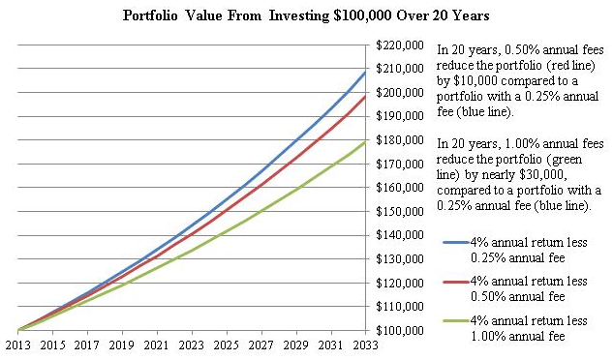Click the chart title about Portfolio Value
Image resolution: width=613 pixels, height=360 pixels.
[x=306, y=15]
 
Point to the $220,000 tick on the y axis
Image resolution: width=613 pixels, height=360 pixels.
[x=399, y=45]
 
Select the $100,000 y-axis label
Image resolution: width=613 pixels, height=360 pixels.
[x=399, y=330]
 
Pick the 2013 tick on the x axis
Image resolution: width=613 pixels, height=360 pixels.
[x=17, y=345]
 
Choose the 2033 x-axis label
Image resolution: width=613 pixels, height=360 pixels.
[x=365, y=345]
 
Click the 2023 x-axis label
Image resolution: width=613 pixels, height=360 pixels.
[x=192, y=345]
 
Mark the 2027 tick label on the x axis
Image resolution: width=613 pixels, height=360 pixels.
[x=261, y=345]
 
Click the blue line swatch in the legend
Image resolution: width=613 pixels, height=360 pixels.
[x=453, y=242]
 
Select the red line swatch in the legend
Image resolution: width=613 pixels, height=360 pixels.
[x=453, y=287]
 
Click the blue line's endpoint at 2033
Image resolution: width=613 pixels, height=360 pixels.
[x=365, y=72]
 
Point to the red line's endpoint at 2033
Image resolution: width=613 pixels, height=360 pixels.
[x=365, y=96]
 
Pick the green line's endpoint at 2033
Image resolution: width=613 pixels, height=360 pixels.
[x=365, y=141]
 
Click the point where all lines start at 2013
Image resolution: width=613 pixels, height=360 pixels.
[x=18, y=330]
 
